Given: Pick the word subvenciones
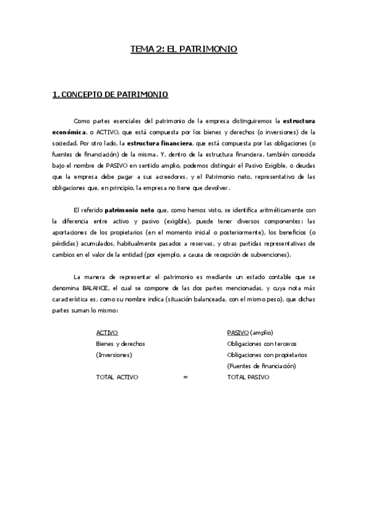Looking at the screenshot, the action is point(273,255).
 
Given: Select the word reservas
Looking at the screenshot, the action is point(201,244).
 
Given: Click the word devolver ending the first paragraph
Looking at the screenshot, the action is point(215,187).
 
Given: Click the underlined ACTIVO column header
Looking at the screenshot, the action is point(107,332).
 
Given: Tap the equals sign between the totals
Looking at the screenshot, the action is point(185,377).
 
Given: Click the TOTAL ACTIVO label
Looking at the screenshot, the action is point(117,377).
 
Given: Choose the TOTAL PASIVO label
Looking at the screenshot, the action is point(248,377).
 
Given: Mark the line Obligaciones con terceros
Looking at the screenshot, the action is point(262,343).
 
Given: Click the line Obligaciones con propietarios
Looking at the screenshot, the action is point(267,355).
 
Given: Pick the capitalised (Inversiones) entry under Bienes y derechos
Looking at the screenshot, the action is point(115,355).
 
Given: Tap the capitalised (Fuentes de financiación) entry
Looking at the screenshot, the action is point(262,366).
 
